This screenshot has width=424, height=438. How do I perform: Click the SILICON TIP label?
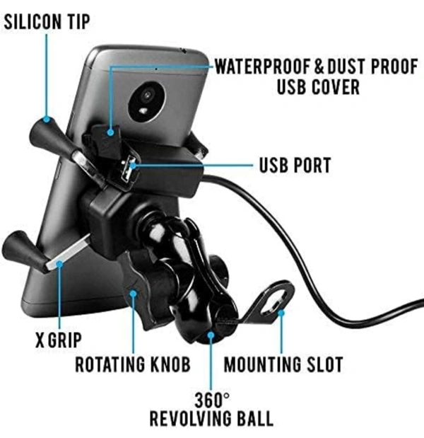point(47,21)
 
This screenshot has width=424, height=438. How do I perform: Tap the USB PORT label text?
point(295,165)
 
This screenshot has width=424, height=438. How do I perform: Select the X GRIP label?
point(58,340)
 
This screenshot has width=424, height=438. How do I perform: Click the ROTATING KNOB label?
point(133,364)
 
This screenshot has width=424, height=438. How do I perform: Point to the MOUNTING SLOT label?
point(283,364)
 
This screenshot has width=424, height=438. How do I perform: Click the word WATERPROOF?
point(263,67)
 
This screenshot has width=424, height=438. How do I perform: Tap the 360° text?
point(212,400)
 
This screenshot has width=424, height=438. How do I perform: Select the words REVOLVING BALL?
point(211,418)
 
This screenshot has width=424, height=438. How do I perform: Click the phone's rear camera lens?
point(147,96)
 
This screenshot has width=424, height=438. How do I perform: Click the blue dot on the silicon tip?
point(47,120)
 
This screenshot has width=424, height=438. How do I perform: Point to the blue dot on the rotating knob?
point(134,294)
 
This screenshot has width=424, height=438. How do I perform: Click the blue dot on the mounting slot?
point(281,313)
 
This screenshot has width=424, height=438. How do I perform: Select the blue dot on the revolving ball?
point(211,335)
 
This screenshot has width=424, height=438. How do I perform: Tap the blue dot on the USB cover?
point(111,132)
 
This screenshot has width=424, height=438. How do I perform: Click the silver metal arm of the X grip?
point(69,252)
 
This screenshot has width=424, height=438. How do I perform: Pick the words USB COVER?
point(318,87)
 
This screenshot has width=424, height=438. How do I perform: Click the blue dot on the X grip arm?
point(59,263)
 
